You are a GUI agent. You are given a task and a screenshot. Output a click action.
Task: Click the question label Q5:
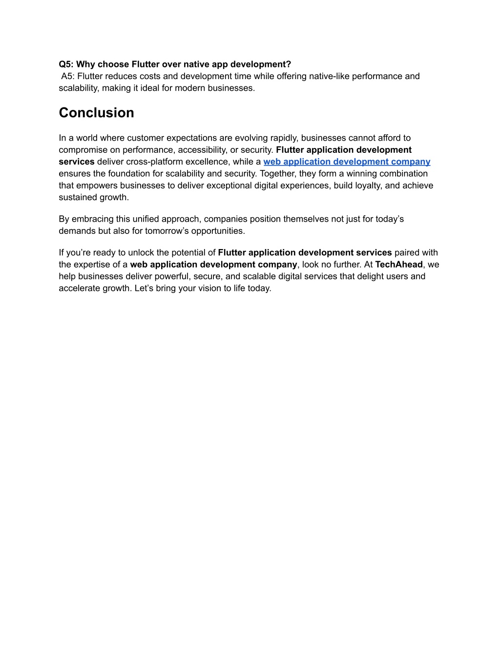pos(66,64)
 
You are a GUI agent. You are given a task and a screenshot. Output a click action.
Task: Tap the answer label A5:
pos(68,76)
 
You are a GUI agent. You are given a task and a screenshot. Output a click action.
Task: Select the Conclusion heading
pos(96,113)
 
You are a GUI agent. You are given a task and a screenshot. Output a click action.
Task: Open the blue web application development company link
pos(347,162)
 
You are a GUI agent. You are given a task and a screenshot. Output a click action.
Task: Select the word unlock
pos(141,252)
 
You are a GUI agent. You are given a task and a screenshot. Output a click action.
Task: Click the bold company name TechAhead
pos(398,265)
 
